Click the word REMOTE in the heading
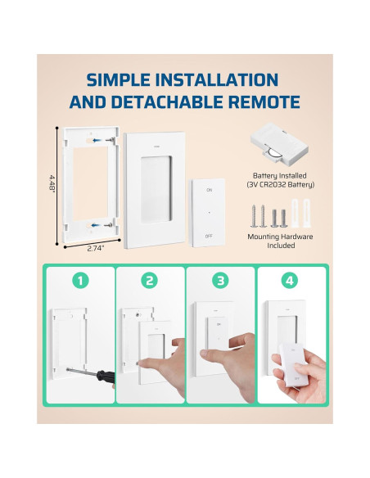pyautogui.click(x=264, y=102)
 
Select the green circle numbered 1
pyautogui.click(x=80, y=281)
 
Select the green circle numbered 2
pyautogui.click(x=149, y=281)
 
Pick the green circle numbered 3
pyautogui.click(x=220, y=281)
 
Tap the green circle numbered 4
pyautogui.click(x=290, y=281)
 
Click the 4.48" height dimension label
pyautogui.click(x=52, y=183)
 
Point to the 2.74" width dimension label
pyautogui.click(x=96, y=249)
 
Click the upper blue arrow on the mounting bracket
pyautogui.click(x=97, y=141)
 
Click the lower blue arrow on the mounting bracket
pyautogui.click(x=96, y=226)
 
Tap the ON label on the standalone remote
pyautogui.click(x=209, y=190)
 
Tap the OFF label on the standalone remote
pyautogui.click(x=209, y=236)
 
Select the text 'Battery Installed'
pyautogui.click(x=279, y=176)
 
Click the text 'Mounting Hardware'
pyautogui.click(x=280, y=237)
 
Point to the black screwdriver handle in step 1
pyautogui.click(x=106, y=377)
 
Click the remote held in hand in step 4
pyautogui.click(x=295, y=364)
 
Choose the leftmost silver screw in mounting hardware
pyautogui.click(x=254, y=216)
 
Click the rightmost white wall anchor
pyautogui.click(x=306, y=213)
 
